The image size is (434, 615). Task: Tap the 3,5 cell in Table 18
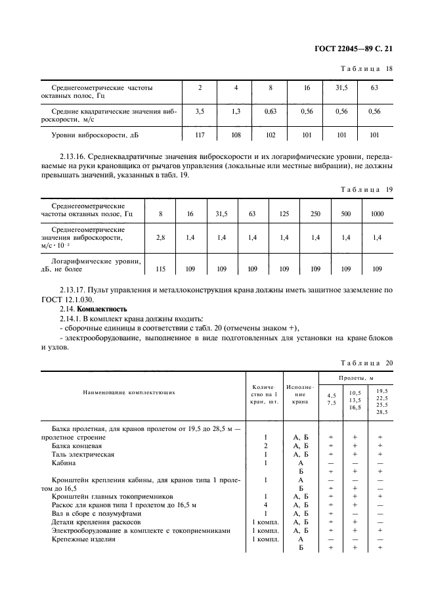point(200,112)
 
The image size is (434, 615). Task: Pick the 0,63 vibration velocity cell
point(270,112)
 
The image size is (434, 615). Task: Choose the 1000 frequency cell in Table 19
point(377,214)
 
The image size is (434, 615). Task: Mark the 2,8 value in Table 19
point(160,238)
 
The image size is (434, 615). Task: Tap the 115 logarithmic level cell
point(160,268)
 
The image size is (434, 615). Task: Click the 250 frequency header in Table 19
point(315,214)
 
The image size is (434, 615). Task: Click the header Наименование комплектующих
point(129,392)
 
